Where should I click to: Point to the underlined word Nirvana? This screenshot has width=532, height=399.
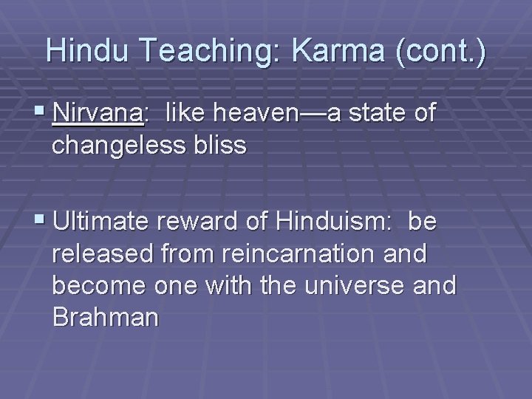click(x=98, y=114)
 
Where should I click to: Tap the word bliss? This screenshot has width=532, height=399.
click(x=222, y=146)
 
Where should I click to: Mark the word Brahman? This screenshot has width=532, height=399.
click(x=106, y=318)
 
